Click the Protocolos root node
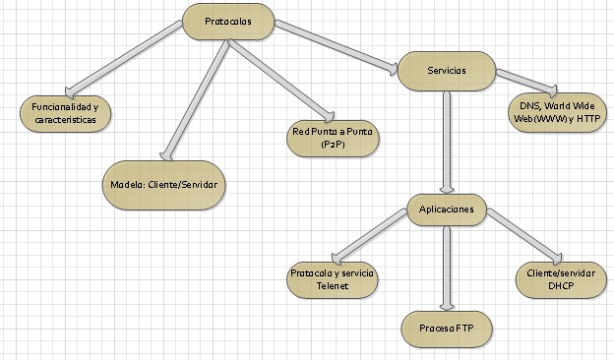tap(227, 22)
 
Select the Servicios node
tap(447, 71)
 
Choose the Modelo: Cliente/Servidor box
tap(163, 184)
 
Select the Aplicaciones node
tap(448, 210)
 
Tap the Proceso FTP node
tap(447, 326)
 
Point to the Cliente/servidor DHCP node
tap(558, 278)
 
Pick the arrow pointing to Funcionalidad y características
tap(128, 59)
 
